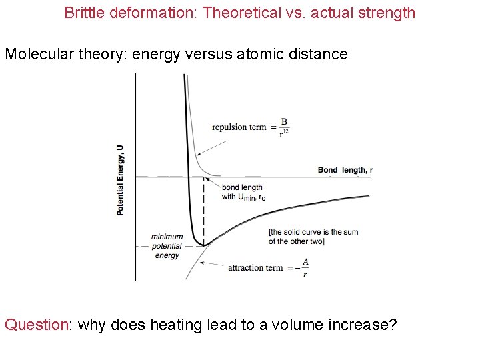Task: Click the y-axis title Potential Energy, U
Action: pos(120,180)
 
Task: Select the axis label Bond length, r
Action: pos(345,170)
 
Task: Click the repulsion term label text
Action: pos(239,127)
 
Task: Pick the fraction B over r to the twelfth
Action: pos(285,127)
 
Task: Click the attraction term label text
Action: pos(255,268)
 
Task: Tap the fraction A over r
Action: pos(305,267)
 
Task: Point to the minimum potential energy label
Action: pos(167,246)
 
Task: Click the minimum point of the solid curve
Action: pos(203,245)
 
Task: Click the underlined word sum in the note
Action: pos(351,232)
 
